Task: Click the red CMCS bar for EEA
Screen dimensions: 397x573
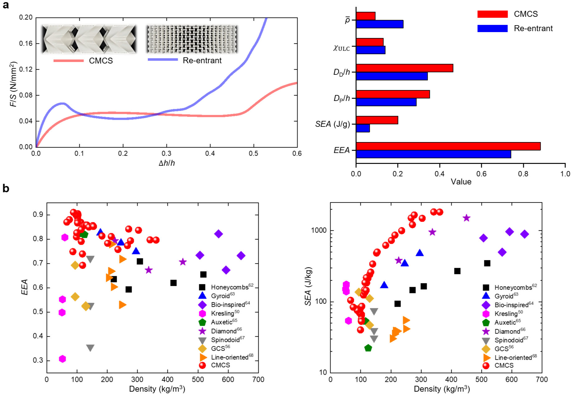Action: click(x=448, y=146)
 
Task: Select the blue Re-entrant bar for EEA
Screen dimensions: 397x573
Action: click(x=433, y=154)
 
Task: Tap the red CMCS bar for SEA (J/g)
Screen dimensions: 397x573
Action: click(x=377, y=120)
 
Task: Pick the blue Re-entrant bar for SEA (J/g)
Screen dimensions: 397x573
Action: click(x=363, y=128)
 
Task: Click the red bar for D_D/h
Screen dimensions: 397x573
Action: click(x=404, y=68)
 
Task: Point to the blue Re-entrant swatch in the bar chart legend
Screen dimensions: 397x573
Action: click(x=492, y=28)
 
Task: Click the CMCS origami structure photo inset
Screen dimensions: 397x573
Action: click(x=89, y=39)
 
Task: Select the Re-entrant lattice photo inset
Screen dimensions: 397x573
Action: click(x=192, y=39)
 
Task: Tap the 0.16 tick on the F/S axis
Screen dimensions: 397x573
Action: click(x=26, y=43)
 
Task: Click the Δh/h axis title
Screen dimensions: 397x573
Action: click(x=167, y=163)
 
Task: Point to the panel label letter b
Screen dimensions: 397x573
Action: click(x=6, y=189)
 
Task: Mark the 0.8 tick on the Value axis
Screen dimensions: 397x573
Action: click(x=523, y=174)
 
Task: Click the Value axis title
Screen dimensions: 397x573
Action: click(x=461, y=182)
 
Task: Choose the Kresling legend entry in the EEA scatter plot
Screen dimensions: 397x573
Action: click(x=225, y=313)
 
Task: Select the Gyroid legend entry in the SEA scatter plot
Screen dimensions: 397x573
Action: click(x=506, y=296)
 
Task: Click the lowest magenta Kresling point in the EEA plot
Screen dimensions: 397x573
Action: click(x=62, y=359)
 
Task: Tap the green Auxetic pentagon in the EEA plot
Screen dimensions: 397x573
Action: click(x=84, y=234)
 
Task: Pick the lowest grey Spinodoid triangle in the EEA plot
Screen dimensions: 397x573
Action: click(x=90, y=348)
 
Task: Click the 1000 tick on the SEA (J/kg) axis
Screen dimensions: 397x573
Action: click(x=319, y=230)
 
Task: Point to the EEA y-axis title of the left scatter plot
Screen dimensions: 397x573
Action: click(x=24, y=287)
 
